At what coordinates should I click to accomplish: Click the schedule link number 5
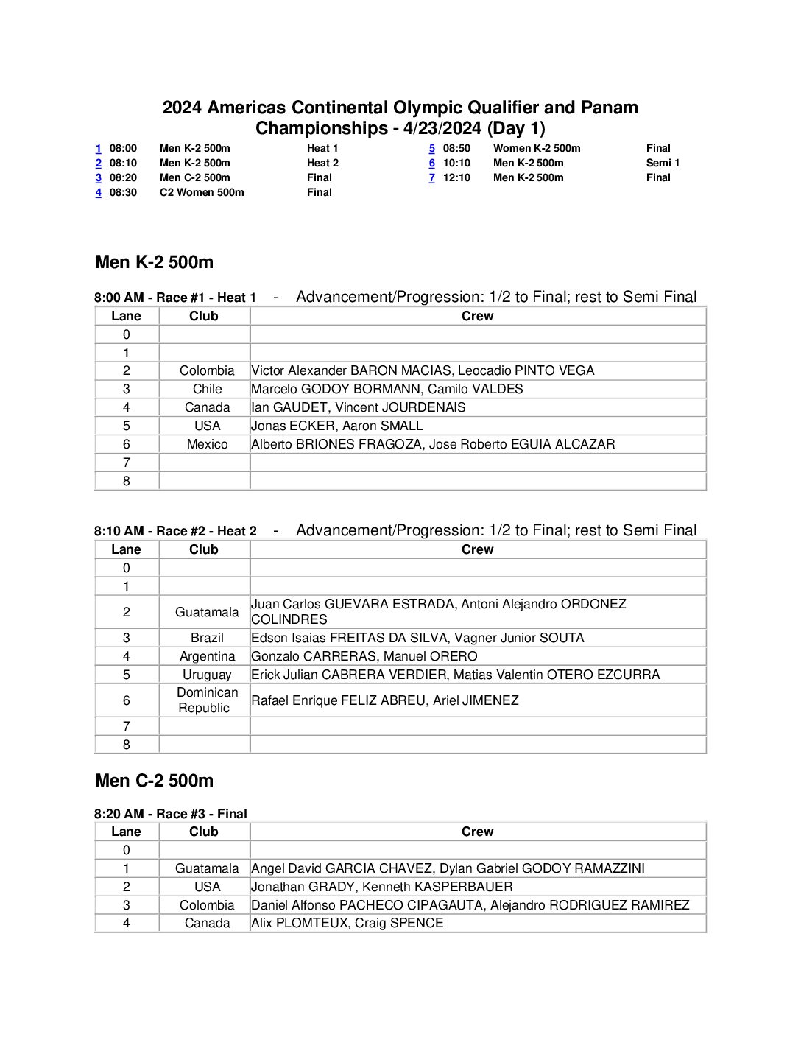[432, 148]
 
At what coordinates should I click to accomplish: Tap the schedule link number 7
[432, 177]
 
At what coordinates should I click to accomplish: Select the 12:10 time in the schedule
[456, 177]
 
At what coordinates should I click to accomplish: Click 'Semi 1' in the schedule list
[663, 163]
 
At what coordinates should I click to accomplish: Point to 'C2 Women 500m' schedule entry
[202, 192]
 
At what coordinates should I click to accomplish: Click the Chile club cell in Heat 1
[207, 389]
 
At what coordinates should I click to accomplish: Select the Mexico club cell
[207, 444]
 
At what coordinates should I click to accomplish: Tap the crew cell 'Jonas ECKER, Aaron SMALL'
[337, 426]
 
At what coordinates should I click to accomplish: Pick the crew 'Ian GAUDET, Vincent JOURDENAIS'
[359, 407]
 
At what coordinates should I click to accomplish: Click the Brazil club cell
[207, 638]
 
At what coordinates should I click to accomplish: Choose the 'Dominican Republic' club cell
[207, 700]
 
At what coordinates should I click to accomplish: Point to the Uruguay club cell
[207, 675]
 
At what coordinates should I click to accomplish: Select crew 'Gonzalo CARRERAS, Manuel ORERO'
[364, 656]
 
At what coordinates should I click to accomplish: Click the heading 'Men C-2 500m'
[154, 781]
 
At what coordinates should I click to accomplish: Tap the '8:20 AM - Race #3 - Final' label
[171, 814]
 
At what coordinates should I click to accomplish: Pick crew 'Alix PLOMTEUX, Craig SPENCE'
[347, 924]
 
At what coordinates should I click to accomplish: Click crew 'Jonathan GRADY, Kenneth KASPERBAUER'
[382, 887]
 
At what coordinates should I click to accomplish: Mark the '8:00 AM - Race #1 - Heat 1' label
[175, 298]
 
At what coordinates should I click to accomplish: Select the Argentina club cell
[207, 656]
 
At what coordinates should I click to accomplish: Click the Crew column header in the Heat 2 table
[477, 549]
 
